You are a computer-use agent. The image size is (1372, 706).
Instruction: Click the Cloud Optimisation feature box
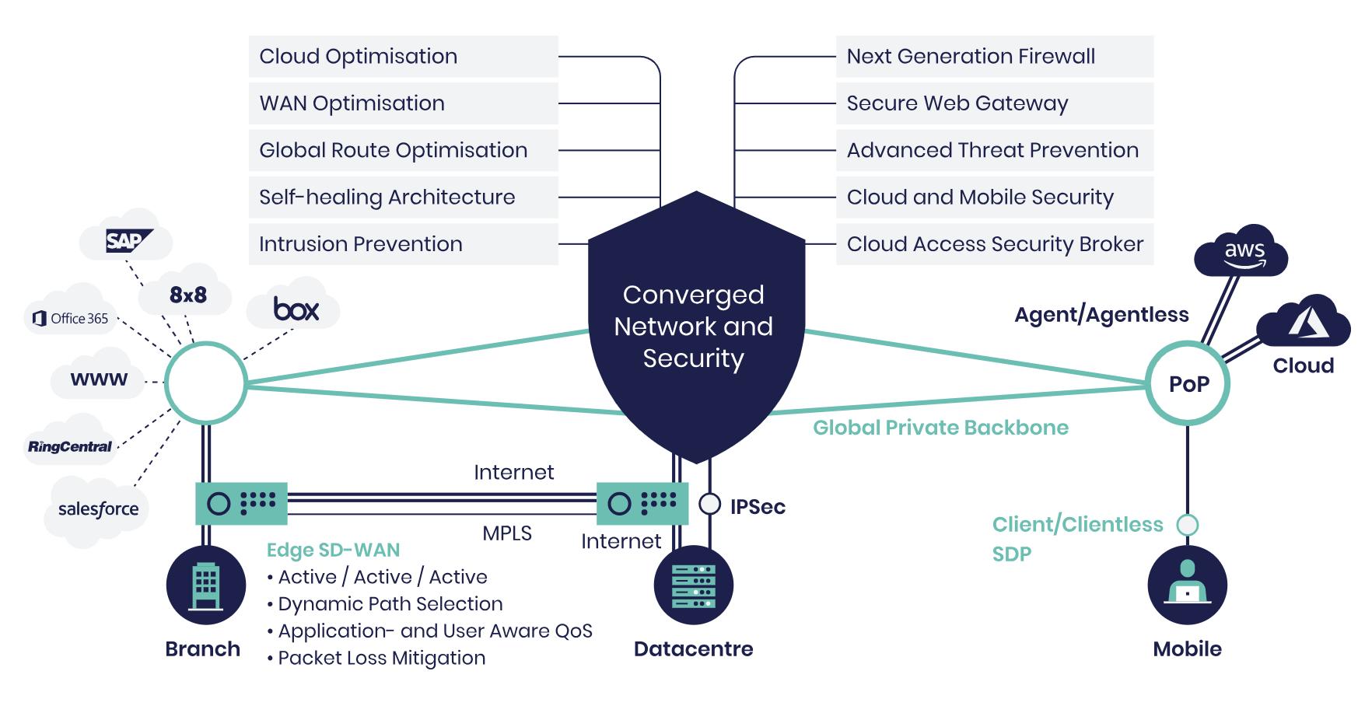[x=403, y=57]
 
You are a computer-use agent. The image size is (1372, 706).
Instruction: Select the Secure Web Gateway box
[x=994, y=103]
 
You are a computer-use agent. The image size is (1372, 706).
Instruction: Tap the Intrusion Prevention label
[x=361, y=244]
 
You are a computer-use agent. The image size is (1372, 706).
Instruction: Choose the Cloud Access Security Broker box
[x=994, y=244]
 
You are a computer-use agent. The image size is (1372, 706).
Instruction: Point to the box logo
[x=296, y=309]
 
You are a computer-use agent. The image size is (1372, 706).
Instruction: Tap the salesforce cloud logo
[x=98, y=509]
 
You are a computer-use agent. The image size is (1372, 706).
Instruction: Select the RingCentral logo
[x=70, y=446]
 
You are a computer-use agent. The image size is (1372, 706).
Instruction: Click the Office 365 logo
[x=71, y=318]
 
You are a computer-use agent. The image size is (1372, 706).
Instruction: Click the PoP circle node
[x=1188, y=383]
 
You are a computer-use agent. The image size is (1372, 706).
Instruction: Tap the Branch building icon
[x=205, y=585]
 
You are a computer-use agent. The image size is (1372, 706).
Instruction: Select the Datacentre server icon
[x=693, y=585]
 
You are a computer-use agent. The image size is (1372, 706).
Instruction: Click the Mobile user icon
[x=1187, y=585]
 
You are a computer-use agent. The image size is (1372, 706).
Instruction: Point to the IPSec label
[x=757, y=507]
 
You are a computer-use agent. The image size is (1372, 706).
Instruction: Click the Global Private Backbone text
[x=940, y=428]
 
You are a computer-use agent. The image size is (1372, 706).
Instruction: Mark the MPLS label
[x=507, y=533]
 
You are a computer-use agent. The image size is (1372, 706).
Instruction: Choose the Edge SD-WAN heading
[x=333, y=550]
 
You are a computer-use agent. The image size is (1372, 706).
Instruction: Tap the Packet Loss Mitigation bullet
[x=381, y=658]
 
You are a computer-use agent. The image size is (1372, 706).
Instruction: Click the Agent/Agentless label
[x=1101, y=315]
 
